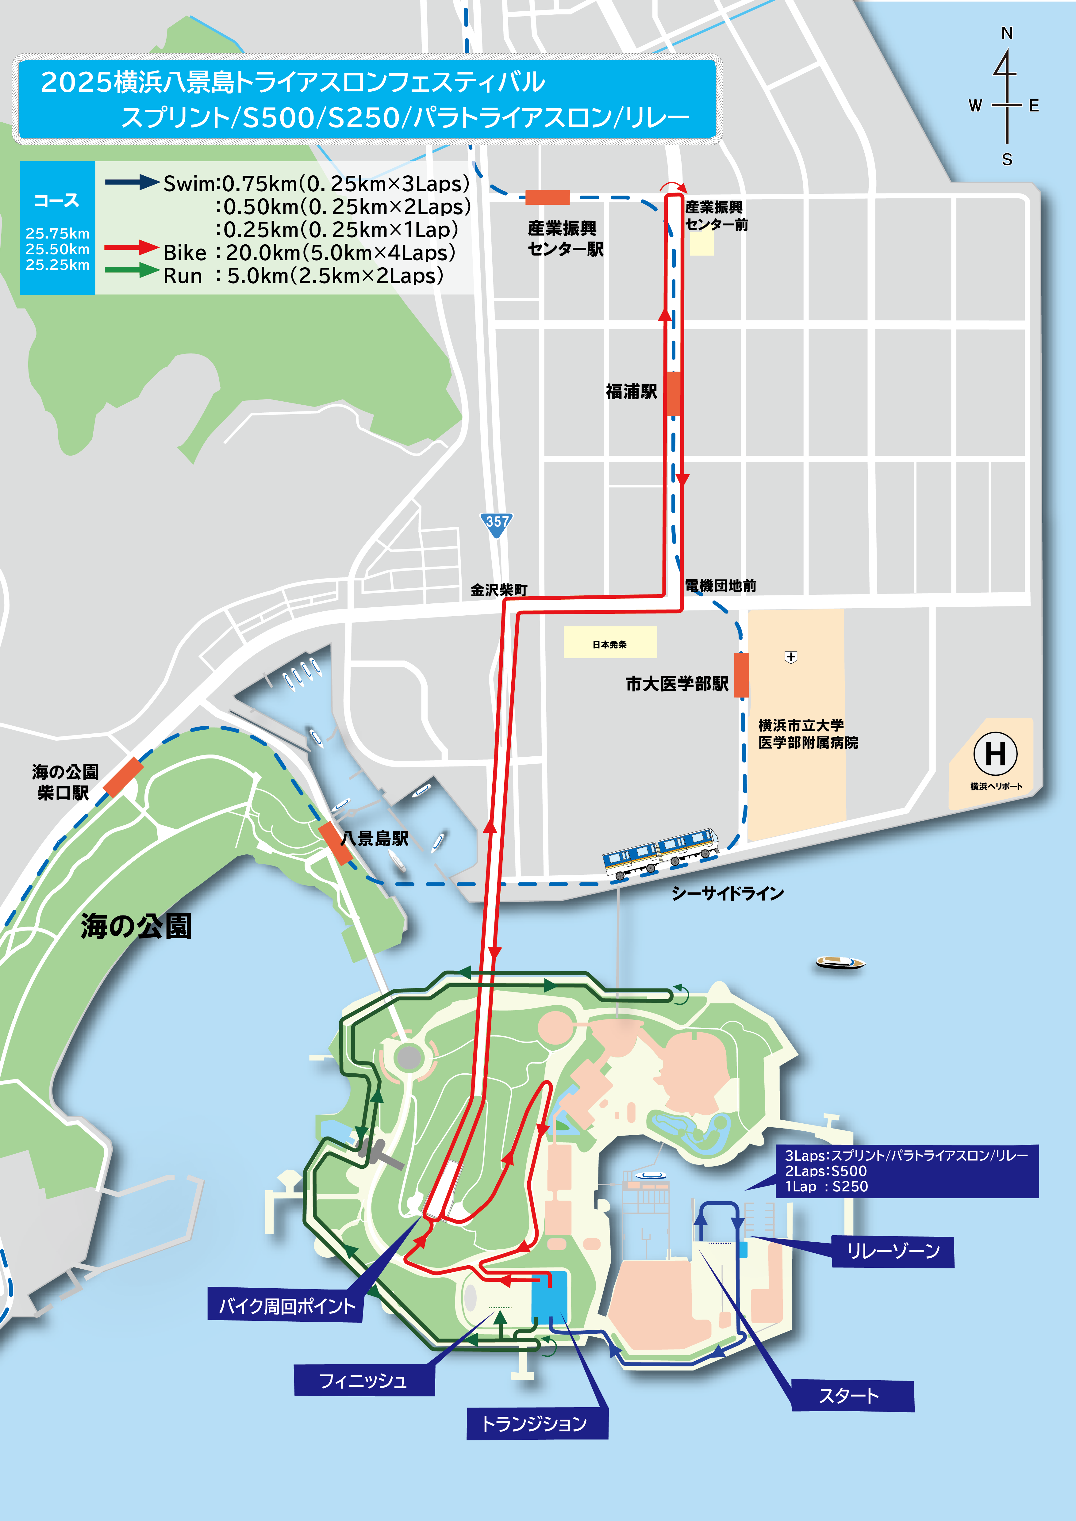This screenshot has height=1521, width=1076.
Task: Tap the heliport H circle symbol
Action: pos(995,753)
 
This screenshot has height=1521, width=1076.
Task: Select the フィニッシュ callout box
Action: pos(364,1381)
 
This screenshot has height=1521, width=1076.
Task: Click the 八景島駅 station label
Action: pos(374,839)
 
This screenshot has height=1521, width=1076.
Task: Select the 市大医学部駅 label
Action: pos(676,684)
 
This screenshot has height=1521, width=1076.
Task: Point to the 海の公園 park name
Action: pos(136,926)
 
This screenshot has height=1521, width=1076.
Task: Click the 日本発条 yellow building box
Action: pos(609,643)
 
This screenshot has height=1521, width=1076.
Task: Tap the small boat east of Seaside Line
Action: pos(840,962)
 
